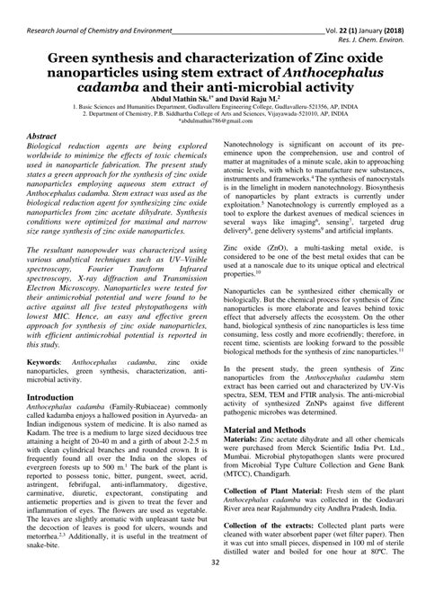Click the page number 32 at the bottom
click(x=213, y=588)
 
